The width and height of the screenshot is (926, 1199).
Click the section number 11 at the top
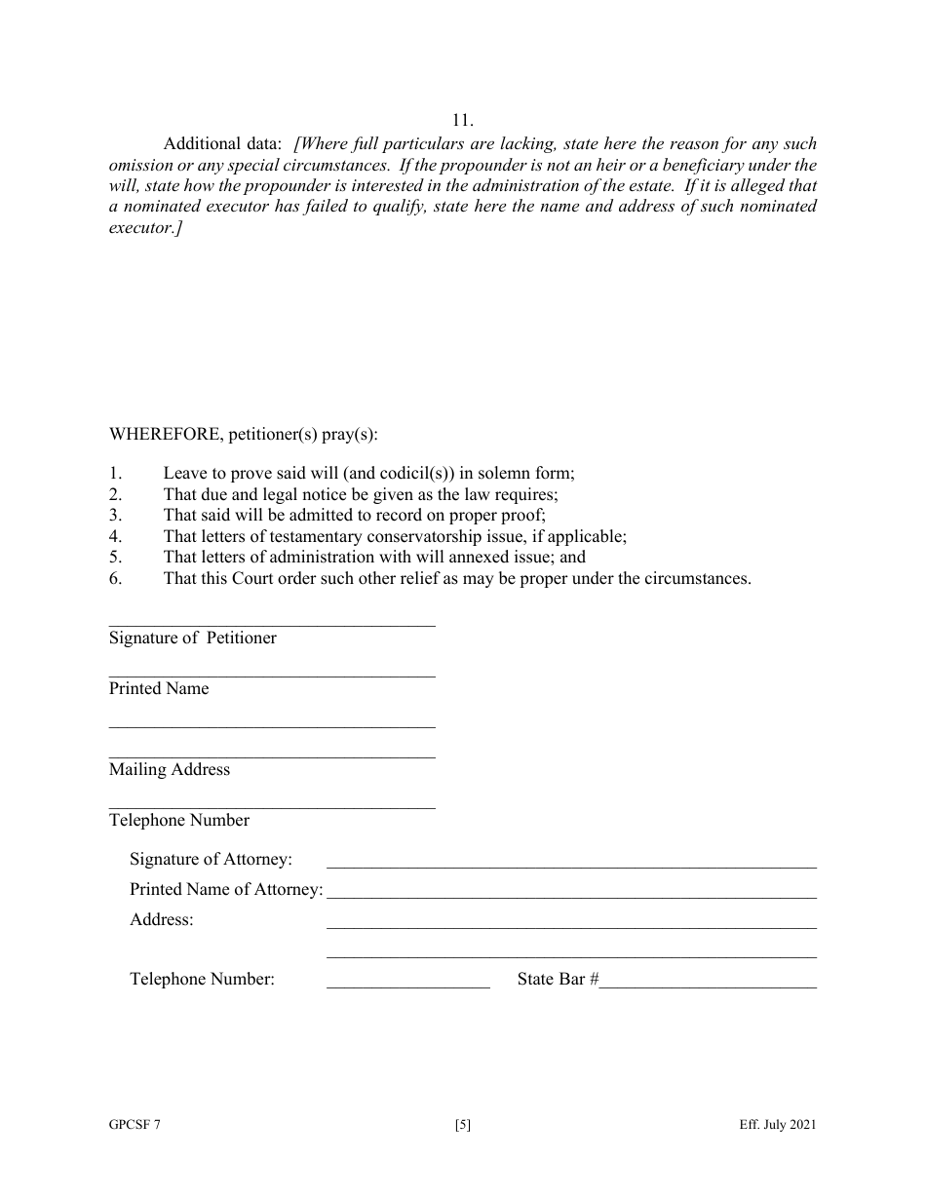click(x=463, y=121)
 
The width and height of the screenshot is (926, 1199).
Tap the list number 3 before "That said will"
click(x=114, y=516)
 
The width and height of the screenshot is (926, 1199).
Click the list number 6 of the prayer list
click(x=114, y=578)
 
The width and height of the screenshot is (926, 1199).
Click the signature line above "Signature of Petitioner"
click(x=272, y=626)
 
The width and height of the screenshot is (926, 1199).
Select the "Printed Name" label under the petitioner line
click(x=159, y=688)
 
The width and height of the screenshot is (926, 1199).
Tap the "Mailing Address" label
click(x=170, y=769)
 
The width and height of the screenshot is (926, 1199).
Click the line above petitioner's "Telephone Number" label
click(x=272, y=807)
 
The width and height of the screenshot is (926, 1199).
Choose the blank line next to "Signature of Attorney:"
click(x=571, y=867)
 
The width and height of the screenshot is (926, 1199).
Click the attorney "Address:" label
click(x=162, y=919)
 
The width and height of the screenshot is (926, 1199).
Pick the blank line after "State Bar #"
click(x=708, y=987)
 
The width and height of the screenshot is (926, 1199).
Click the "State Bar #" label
click(x=558, y=979)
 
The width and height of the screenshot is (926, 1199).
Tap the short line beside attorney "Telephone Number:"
click(x=408, y=987)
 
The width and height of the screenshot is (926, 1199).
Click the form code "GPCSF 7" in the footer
click(x=135, y=1125)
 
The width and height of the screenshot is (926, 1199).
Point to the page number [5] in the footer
click(x=463, y=1125)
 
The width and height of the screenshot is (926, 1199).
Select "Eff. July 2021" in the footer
click(x=777, y=1125)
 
